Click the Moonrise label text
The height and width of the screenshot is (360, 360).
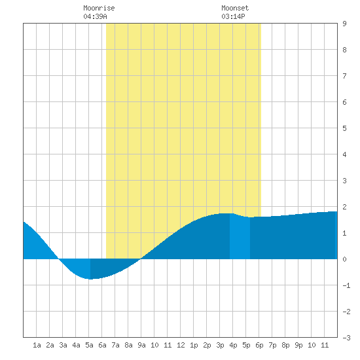(x=99, y=8)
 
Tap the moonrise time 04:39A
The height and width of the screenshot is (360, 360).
(x=95, y=16)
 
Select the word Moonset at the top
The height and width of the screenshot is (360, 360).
(x=235, y=8)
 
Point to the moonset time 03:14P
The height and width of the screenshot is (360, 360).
(x=233, y=16)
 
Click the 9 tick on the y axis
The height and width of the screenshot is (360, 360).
(x=344, y=24)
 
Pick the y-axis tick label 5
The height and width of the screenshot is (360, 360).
(x=344, y=128)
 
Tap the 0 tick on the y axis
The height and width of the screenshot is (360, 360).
(x=344, y=259)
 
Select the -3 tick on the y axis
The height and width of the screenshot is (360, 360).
(x=346, y=338)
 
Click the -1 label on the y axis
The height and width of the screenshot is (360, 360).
(x=346, y=285)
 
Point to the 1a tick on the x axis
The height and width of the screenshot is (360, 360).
(x=37, y=345)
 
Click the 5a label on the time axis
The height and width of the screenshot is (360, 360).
(x=89, y=345)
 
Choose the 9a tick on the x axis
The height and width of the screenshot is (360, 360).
(x=141, y=345)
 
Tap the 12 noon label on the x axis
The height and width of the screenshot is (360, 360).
(x=181, y=345)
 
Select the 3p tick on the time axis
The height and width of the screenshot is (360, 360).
(x=220, y=345)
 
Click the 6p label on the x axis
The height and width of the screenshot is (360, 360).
(x=259, y=345)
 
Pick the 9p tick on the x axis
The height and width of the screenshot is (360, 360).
(x=298, y=345)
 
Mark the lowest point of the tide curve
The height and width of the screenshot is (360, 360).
(x=90, y=279)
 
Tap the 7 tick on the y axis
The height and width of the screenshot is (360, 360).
(x=344, y=76)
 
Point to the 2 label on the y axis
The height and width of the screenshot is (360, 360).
(x=344, y=207)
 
